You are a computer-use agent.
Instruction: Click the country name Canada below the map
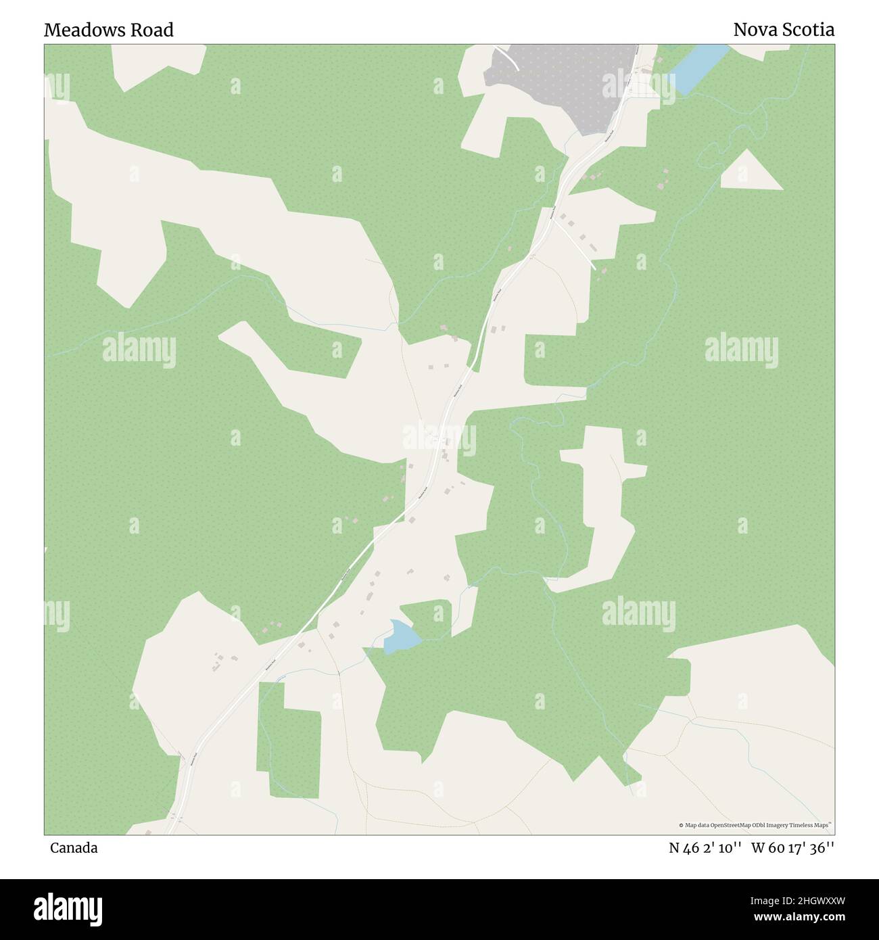tap(73, 848)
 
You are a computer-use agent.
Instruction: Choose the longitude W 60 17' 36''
tap(792, 848)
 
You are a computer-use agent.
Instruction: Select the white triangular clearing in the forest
tap(749, 173)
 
